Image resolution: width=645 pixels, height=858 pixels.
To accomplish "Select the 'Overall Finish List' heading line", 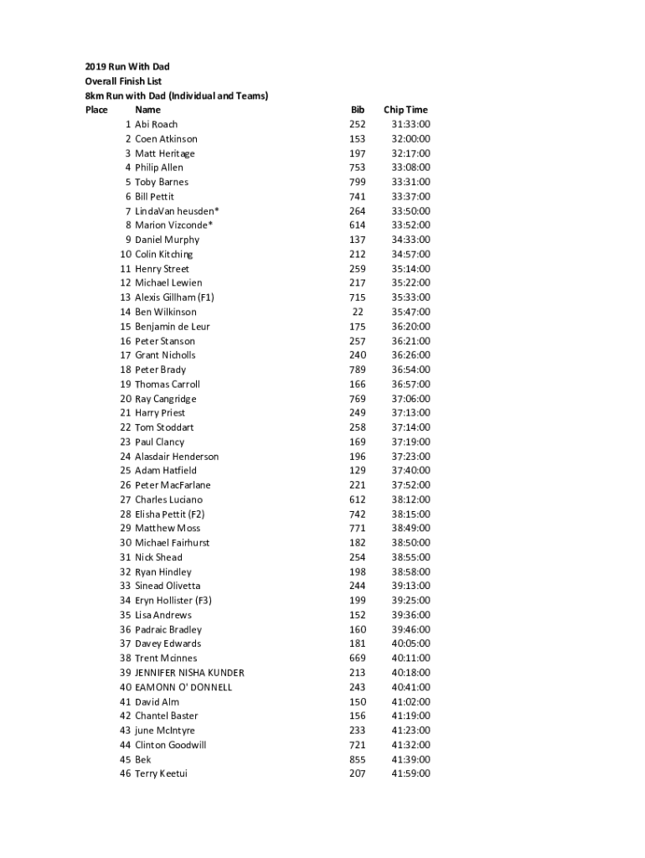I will pyautogui.click(x=123, y=81).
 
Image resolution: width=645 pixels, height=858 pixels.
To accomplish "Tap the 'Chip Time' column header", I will pyautogui.click(x=405, y=110).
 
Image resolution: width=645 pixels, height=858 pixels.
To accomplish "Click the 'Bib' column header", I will pyautogui.click(x=358, y=110).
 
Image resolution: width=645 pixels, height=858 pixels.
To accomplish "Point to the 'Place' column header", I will pyautogui.click(x=96, y=110).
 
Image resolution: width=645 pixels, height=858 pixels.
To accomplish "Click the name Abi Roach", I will pyautogui.click(x=156, y=124).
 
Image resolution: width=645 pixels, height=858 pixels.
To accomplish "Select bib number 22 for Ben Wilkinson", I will pyautogui.click(x=358, y=312).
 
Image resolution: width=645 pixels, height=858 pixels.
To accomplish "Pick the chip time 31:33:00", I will pyautogui.click(x=410, y=124).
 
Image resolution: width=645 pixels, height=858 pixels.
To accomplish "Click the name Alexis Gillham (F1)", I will pyautogui.click(x=174, y=297).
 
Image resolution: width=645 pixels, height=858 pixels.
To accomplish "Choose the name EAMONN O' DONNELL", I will pyautogui.click(x=183, y=687).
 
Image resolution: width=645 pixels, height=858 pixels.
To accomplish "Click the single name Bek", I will pyautogui.click(x=143, y=759).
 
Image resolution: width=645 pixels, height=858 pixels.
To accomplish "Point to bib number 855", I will pyautogui.click(x=358, y=759).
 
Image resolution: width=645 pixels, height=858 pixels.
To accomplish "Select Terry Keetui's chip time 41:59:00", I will pyautogui.click(x=410, y=773).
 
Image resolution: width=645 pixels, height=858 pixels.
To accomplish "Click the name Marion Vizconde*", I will pyautogui.click(x=173, y=225).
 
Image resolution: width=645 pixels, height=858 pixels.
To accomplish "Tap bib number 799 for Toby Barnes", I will pyautogui.click(x=358, y=182).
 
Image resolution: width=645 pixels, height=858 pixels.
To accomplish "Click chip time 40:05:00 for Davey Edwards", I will pyautogui.click(x=410, y=643).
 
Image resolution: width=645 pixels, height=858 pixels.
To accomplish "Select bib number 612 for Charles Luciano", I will pyautogui.click(x=358, y=499).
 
